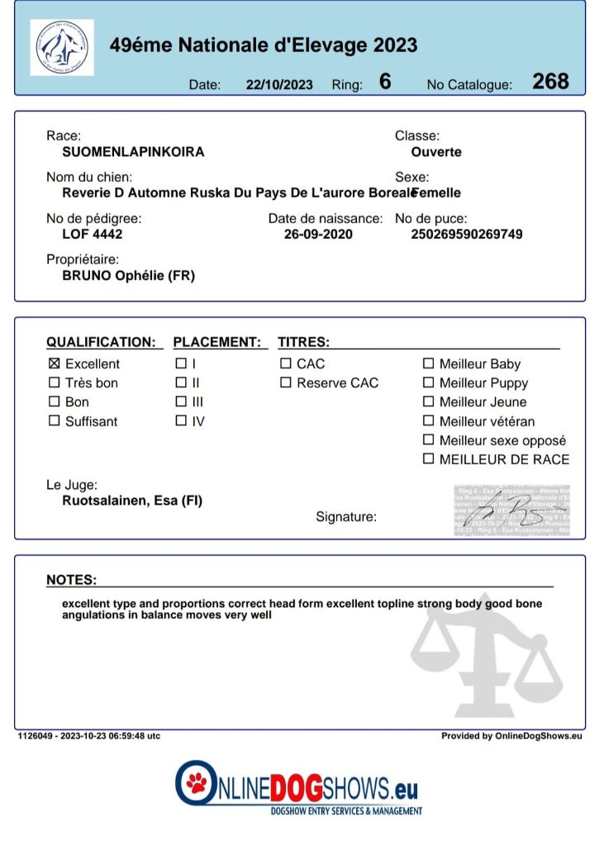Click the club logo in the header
pos(62,48)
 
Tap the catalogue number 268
pos(550,81)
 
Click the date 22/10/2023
pos(279,84)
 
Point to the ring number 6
pos(385,81)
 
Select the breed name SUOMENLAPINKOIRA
pos(133,152)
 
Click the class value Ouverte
pos(436,152)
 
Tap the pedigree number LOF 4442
pos(93,234)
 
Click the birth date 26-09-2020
pos(318,234)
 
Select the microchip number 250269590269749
pos(467,234)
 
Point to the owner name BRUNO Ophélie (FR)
pos(129,276)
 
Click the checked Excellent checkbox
pos(55,364)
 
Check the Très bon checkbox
pos(55,383)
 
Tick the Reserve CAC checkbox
pos(286,383)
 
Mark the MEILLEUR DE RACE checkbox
pos(428,459)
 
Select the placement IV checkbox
pos(181,421)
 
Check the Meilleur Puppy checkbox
pos(428,383)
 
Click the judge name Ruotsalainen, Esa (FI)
pos(132,500)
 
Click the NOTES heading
pos(71,580)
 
